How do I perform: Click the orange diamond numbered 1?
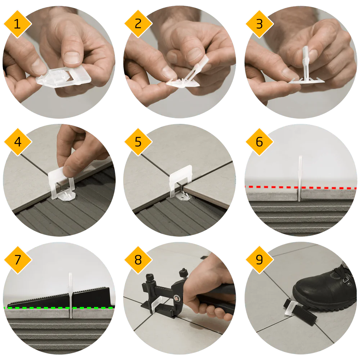tap(18, 24)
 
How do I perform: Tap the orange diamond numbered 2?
tap(138, 24)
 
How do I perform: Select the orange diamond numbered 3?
tap(260, 24)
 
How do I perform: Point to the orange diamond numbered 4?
tap(18, 142)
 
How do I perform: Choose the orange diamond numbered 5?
tap(138, 142)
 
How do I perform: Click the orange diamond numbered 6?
tap(260, 142)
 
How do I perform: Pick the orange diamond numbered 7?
tap(18, 260)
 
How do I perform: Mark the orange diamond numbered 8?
tap(138, 260)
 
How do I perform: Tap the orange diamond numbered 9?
tap(260, 260)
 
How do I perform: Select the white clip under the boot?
tap(291, 308)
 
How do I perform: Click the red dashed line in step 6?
tap(301, 188)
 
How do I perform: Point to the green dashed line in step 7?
tap(59, 308)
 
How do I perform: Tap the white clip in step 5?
tap(180, 181)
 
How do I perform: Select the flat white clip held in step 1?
tap(63, 77)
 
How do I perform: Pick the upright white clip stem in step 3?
tap(306, 62)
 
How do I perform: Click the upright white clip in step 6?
tap(300, 178)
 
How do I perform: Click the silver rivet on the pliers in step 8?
tap(177, 298)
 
